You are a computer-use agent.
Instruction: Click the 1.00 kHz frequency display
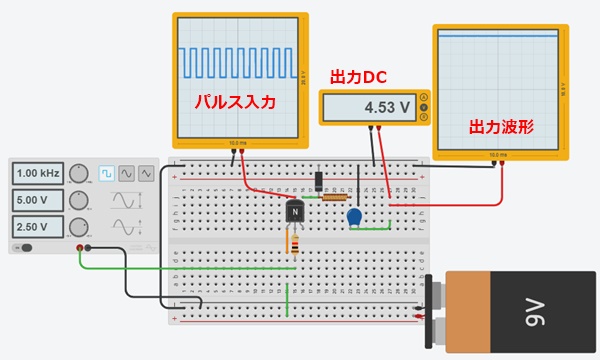coord(37,174)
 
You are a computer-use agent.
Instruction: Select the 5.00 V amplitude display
coord(37,200)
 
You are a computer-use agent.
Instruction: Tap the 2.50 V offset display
coord(37,226)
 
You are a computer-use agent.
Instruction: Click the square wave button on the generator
coord(106,174)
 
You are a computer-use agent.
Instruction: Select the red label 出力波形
coord(500,127)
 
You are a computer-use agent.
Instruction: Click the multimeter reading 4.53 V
coord(374,107)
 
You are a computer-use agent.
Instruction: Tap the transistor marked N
coord(294,211)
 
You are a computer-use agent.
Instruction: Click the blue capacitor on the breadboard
coord(353,217)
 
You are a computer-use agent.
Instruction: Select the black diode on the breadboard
coord(318,181)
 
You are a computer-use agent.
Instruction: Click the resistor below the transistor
coord(294,242)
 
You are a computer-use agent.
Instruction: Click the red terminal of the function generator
coord(80,247)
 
